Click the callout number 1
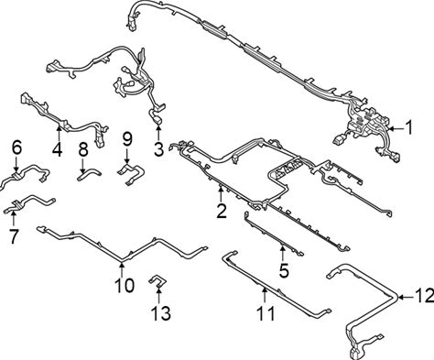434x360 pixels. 408,127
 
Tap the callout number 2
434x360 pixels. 222,211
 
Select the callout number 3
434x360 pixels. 159,149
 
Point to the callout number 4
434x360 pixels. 58,150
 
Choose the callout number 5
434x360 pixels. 284,270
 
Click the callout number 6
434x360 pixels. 17,148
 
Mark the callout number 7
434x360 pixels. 14,236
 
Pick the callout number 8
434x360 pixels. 83,149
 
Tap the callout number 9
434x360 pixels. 127,139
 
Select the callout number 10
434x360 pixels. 125,286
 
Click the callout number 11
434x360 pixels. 266,313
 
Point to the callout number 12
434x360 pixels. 425,296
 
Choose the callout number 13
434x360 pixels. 161,313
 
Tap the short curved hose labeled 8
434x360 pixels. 89,173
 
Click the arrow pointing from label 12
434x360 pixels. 407,297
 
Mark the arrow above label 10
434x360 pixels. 122,268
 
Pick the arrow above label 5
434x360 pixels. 283,253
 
